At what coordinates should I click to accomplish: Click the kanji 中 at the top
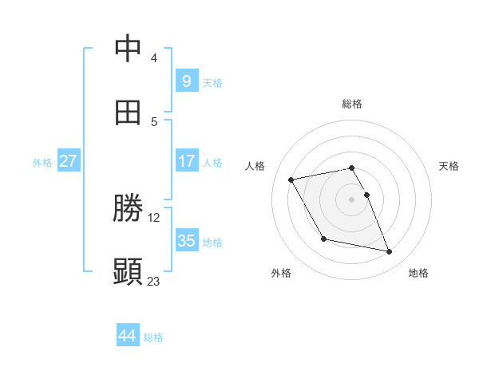click(x=129, y=49)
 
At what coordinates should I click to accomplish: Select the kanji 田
click(x=129, y=112)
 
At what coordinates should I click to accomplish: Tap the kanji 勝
click(x=129, y=208)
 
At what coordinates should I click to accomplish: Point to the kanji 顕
click(x=129, y=272)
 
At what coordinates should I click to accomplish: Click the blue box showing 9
click(x=186, y=81)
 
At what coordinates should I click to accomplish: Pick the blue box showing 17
click(x=186, y=160)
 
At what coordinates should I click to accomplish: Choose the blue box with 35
click(x=186, y=240)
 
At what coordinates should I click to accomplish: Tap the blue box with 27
click(x=68, y=160)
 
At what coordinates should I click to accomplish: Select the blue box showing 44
click(x=127, y=336)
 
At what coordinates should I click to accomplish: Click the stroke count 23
click(x=154, y=281)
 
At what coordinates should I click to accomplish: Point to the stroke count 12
click(x=154, y=217)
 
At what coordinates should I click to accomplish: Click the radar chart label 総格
click(x=352, y=104)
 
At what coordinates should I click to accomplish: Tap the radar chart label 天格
click(x=449, y=166)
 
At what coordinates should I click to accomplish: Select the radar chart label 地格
click(x=418, y=273)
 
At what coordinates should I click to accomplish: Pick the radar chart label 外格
click(x=281, y=273)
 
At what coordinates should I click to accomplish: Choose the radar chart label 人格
click(x=255, y=166)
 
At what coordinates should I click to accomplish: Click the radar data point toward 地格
click(x=390, y=252)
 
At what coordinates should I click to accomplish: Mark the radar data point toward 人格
click(x=291, y=179)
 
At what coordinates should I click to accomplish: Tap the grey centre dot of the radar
click(x=352, y=199)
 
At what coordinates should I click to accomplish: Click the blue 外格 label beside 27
click(x=42, y=163)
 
